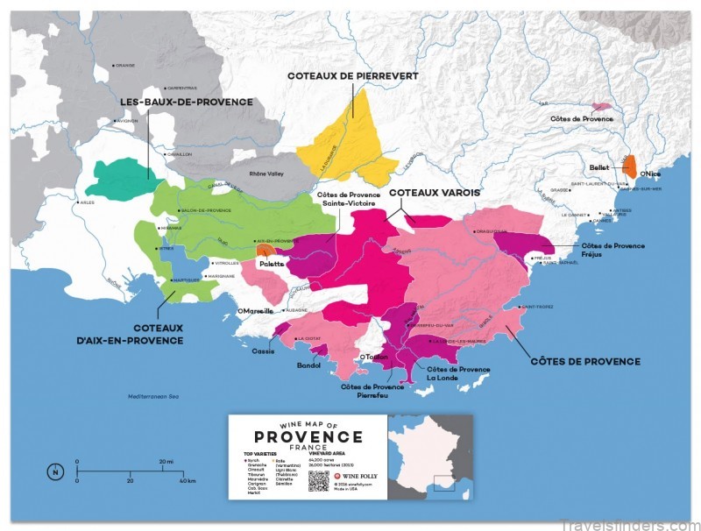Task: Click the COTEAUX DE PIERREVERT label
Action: [x=352, y=76]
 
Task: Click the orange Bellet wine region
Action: [x=630, y=167]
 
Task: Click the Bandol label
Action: [x=309, y=365]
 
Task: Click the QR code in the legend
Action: [x=319, y=481]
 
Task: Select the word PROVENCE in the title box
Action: [x=308, y=437]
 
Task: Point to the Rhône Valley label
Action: [x=267, y=174]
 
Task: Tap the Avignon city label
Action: [x=128, y=121]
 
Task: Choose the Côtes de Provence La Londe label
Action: [x=457, y=374]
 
